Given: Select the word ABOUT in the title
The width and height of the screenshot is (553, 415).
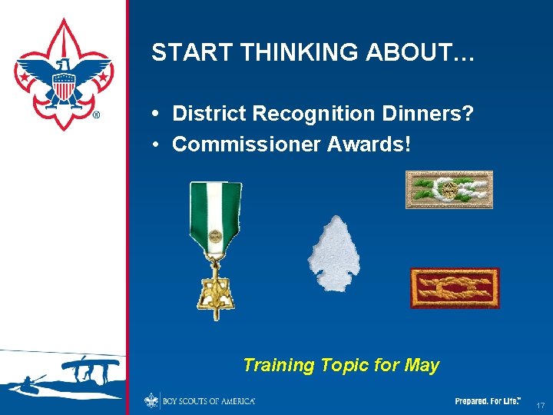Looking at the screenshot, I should [x=426, y=52].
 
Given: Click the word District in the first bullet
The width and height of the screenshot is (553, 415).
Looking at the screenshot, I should [x=208, y=114].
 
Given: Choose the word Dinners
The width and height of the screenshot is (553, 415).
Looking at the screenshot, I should [x=422, y=114].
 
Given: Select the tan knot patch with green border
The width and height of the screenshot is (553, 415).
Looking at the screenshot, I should [x=449, y=190].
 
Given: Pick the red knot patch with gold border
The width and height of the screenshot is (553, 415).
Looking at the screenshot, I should [x=455, y=287].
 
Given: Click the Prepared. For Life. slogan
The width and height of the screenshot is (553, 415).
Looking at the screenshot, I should [x=488, y=401].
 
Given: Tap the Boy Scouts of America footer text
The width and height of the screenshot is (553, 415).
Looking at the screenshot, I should [x=208, y=401].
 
